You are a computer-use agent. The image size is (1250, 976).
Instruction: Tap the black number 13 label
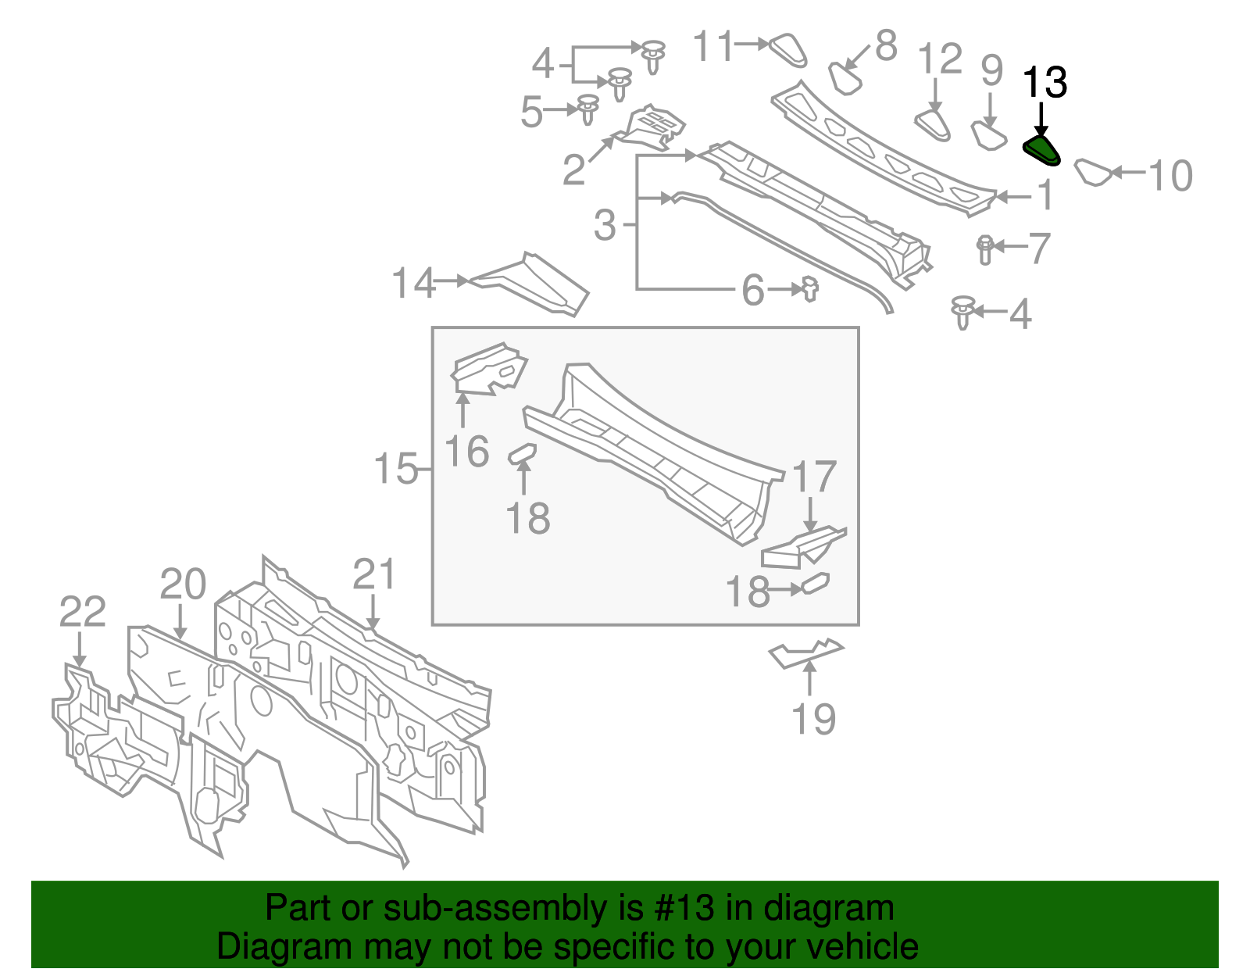[x=1045, y=83]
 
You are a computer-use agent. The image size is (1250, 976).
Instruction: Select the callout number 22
[x=82, y=612]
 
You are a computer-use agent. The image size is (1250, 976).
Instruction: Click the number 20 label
[x=183, y=585]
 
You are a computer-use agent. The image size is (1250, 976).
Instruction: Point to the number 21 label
[x=374, y=574]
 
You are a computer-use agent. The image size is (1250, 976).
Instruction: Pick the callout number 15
[x=396, y=469]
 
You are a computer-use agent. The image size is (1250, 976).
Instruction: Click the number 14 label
[x=413, y=283]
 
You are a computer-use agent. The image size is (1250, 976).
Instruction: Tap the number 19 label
[x=813, y=719]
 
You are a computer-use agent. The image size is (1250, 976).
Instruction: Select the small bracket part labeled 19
[x=805, y=652]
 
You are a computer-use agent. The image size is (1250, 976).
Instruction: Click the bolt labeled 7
[x=984, y=248]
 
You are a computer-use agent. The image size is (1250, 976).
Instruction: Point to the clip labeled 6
[x=810, y=290]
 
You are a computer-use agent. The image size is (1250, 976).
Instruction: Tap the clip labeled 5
[x=587, y=109]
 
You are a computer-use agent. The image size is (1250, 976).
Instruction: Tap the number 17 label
[x=814, y=477]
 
